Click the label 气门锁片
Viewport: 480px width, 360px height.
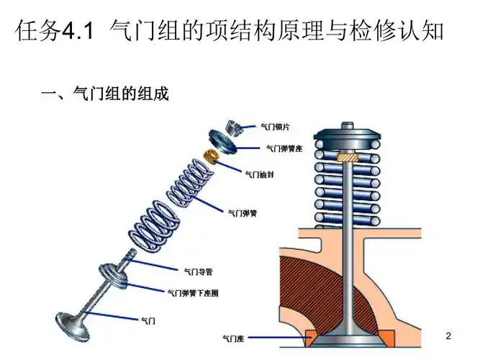click(276, 127)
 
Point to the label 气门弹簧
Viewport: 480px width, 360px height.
click(243, 213)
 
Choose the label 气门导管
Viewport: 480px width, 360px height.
click(198, 271)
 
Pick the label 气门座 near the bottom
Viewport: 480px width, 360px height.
click(237, 337)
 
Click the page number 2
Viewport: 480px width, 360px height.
click(448, 336)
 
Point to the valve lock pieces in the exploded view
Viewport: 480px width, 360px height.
click(232, 123)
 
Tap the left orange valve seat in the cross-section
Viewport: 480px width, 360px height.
click(312, 336)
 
